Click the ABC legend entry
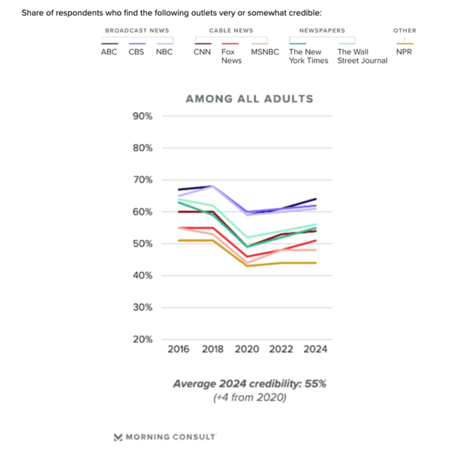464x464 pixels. pyautogui.click(x=109, y=52)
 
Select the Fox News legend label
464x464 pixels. pyautogui.click(x=232, y=56)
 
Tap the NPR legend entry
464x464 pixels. pyautogui.click(x=404, y=52)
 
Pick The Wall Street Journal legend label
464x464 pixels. pyautogui.click(x=362, y=56)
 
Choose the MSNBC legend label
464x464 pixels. pyautogui.click(x=265, y=52)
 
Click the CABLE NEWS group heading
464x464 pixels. pyautogui.click(x=231, y=31)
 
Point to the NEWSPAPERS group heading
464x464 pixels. pyautogui.click(x=322, y=31)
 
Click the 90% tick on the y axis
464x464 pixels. pyautogui.click(x=142, y=116)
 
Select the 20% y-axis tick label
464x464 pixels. pyautogui.click(x=142, y=339)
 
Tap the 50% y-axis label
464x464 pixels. pyautogui.click(x=142, y=244)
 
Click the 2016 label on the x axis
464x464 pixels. pyautogui.click(x=178, y=349)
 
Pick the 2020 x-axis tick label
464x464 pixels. pyautogui.click(x=247, y=349)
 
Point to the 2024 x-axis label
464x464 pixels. pyautogui.click(x=315, y=349)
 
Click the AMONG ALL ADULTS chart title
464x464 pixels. pyautogui.click(x=250, y=99)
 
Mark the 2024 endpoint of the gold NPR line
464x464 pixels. pyautogui.click(x=316, y=263)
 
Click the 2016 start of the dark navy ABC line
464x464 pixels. pyautogui.click(x=179, y=189)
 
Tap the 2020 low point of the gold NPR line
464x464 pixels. pyautogui.click(x=247, y=266)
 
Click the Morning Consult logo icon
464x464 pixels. pyautogui.click(x=118, y=437)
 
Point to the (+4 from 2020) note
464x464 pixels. pyautogui.click(x=250, y=397)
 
